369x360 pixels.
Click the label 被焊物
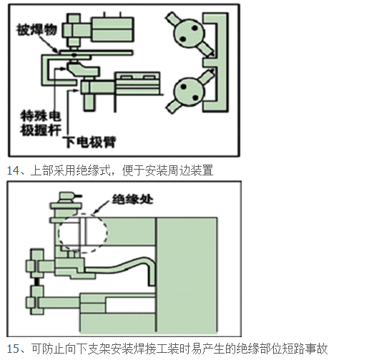pos(36,30)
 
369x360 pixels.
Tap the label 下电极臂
pos(89,142)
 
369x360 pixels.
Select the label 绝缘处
pos(132,200)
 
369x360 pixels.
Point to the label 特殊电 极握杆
pos(41,123)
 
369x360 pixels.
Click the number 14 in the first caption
pos(13,170)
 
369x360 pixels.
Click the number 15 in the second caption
pos(13,349)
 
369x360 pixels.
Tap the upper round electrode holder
pos(190,33)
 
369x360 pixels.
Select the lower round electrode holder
pos(190,92)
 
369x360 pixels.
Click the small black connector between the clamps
pos(36,281)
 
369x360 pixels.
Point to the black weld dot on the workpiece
pos(74,55)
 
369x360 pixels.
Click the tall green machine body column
pos(187,274)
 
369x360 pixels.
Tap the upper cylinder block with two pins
pos(112,29)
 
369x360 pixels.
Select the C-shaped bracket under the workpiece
pos(43,70)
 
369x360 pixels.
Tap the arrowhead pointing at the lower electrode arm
pos(76,90)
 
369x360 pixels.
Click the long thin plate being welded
pos(96,52)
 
